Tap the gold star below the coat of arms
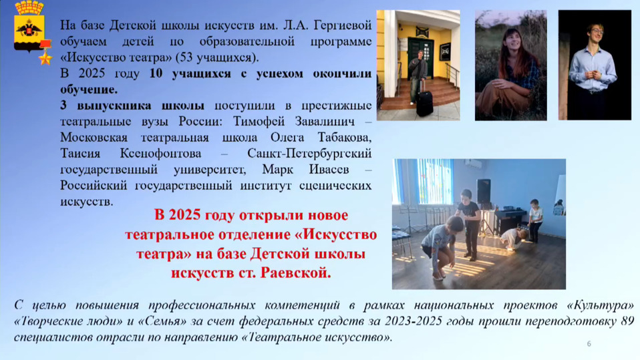(45, 58)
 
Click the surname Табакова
(345, 137)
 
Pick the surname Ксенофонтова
(160, 154)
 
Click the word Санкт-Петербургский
(309, 154)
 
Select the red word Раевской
(295, 273)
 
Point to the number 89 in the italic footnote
(627, 321)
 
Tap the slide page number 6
(589, 344)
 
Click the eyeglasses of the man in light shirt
(595, 31)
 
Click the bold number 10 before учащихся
(156, 74)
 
